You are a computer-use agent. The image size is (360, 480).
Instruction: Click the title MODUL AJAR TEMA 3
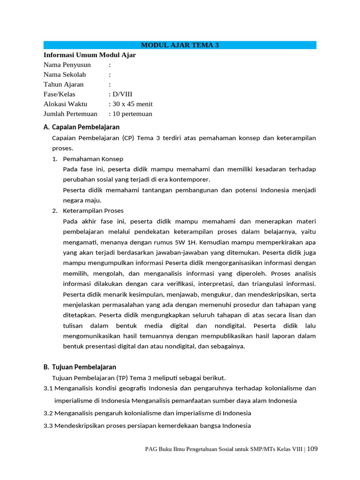pos(180,45)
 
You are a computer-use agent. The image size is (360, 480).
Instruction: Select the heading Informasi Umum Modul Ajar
pos(90,55)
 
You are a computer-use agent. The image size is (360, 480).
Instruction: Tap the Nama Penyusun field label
pos(67,65)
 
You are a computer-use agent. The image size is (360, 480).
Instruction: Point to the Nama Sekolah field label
pos(65,75)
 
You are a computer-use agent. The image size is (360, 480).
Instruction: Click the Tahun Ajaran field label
pos(64,84)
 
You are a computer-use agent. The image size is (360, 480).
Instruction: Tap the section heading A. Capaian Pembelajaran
pos(82,127)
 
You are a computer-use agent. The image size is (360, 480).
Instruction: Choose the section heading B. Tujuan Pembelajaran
pos(80,367)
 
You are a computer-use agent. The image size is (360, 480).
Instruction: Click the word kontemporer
pos(190,180)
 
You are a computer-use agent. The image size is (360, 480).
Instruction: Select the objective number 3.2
pos(48,413)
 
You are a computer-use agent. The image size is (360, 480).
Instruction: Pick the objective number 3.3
pos(48,426)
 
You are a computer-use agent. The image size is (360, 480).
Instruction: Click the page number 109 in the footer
pos(312,449)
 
